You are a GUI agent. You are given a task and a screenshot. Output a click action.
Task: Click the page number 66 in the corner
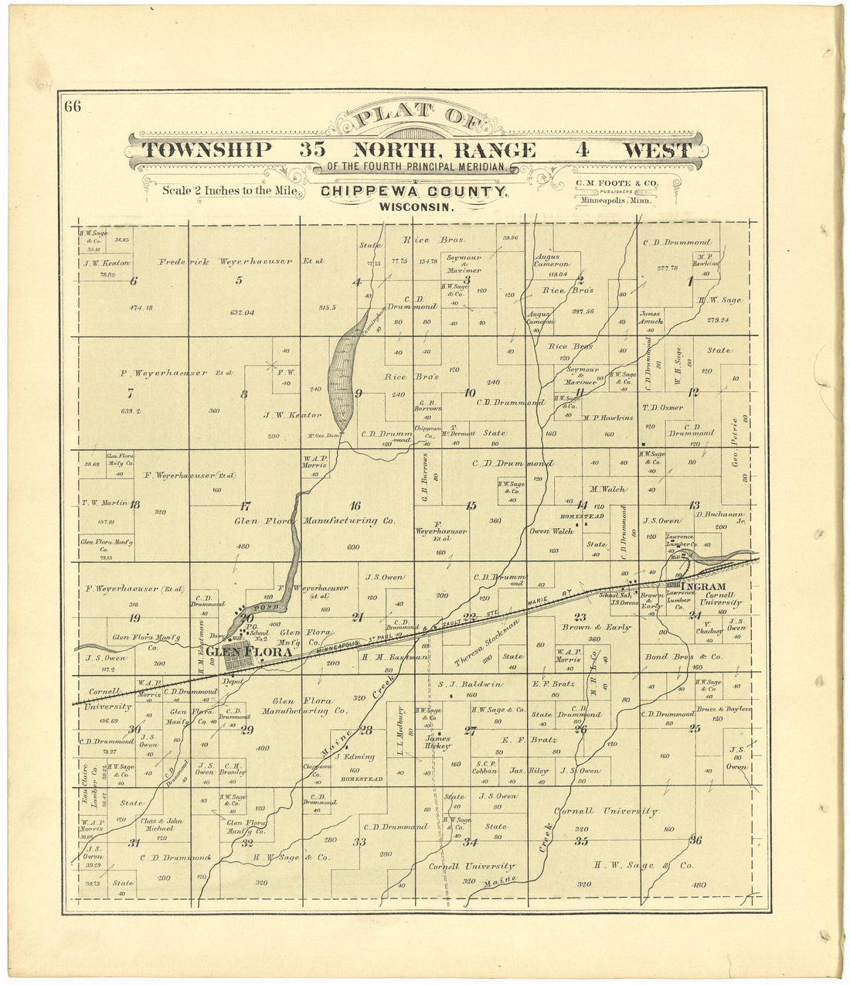coord(73,107)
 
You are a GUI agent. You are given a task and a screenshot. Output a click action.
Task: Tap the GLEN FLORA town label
coord(249,653)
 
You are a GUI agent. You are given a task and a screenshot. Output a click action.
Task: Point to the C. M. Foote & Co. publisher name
coord(616,183)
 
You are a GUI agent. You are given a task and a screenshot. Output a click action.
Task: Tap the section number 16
coord(355,506)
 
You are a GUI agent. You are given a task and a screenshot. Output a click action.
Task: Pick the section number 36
coord(695,840)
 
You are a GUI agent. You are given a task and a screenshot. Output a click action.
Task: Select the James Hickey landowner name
coord(437,742)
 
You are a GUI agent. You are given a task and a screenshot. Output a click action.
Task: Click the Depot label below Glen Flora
coord(233,681)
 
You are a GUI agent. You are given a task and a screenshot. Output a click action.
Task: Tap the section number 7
coord(131,393)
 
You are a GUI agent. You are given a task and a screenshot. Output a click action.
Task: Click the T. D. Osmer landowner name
coord(662,407)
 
